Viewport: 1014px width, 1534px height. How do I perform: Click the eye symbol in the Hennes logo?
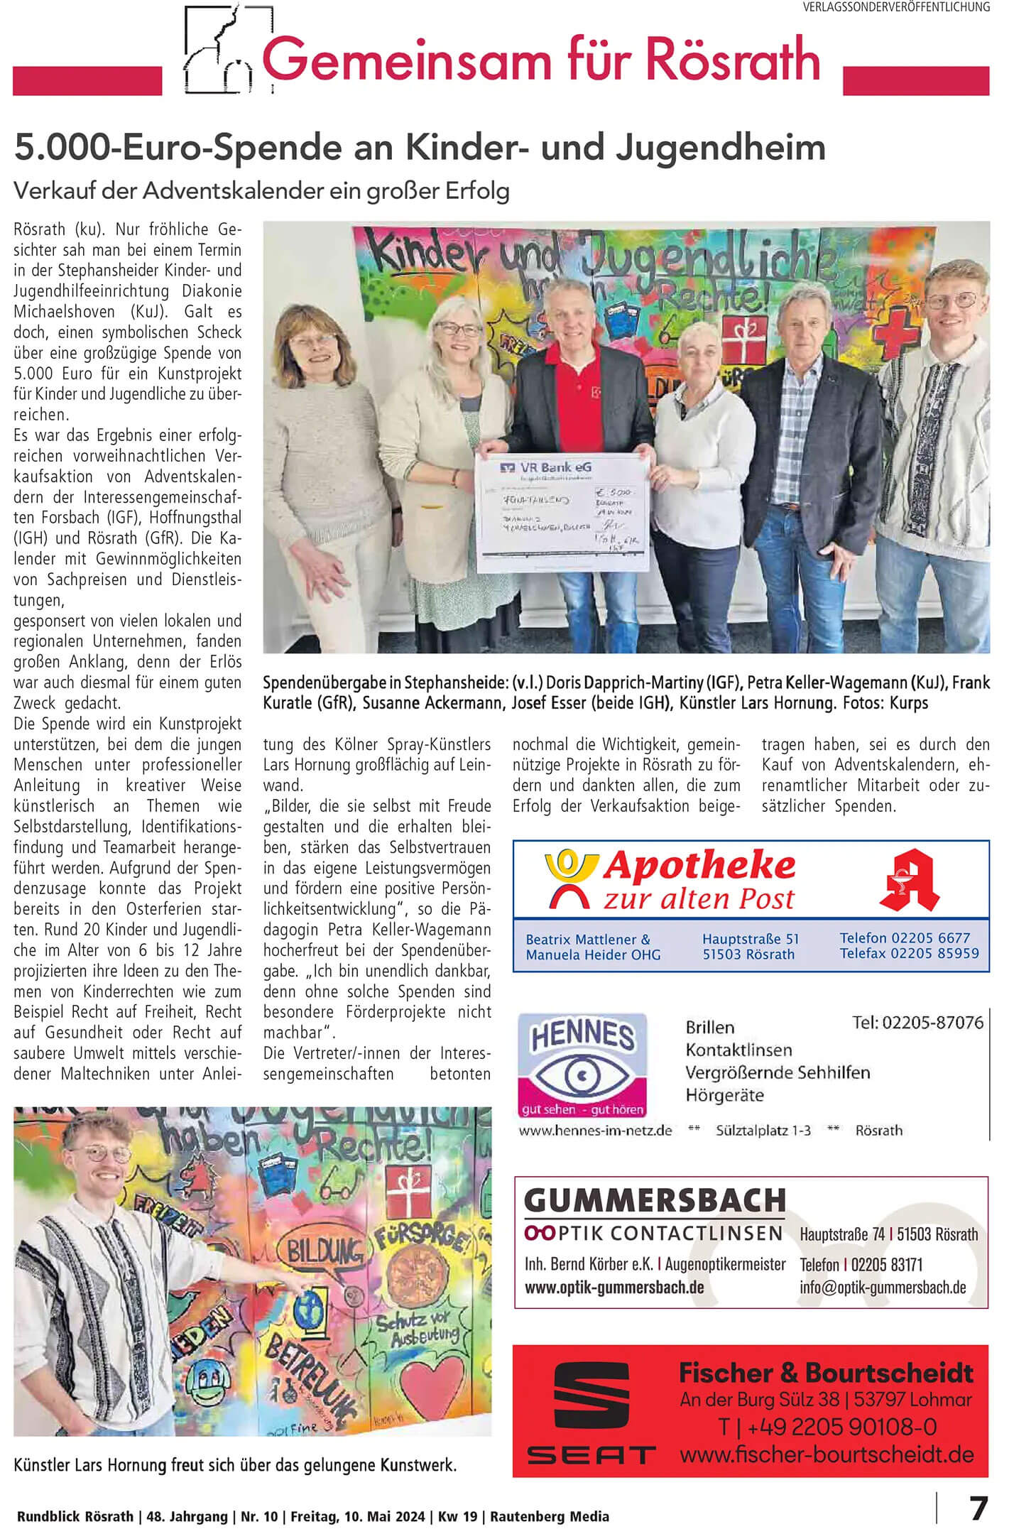point(583,1075)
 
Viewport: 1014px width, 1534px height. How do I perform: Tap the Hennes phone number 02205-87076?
point(917,1023)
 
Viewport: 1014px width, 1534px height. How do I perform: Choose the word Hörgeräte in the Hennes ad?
point(724,1095)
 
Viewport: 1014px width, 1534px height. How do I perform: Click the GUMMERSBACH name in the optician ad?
point(655,1201)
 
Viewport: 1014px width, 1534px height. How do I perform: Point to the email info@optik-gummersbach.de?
point(883,1287)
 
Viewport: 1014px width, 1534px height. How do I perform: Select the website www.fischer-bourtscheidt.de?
point(827,1454)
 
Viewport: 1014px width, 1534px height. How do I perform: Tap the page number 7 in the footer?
point(978,1508)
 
